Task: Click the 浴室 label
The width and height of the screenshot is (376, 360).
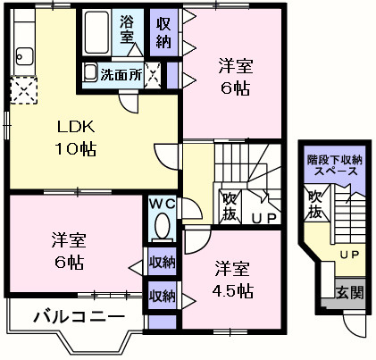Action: [127, 29]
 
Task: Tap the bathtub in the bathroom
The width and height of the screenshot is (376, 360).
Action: [96, 34]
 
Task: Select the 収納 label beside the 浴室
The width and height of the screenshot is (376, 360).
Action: [163, 31]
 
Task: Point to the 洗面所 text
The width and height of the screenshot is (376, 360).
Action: [120, 75]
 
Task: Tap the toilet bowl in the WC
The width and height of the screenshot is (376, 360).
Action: [161, 229]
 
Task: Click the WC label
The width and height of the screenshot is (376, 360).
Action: [161, 205]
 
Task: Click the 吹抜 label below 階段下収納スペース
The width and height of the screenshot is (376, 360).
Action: [313, 204]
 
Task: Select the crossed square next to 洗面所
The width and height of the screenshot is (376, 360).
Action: [154, 74]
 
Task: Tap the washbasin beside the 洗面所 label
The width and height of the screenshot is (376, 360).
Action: [90, 74]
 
